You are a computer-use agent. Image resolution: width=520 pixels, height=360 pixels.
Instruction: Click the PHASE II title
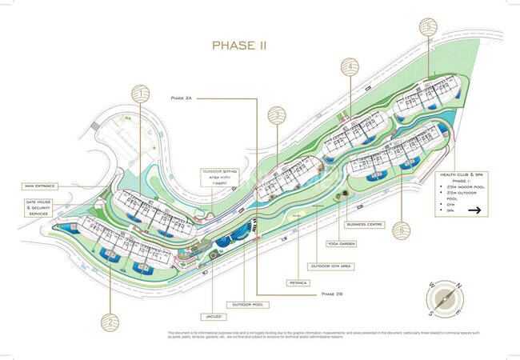239,46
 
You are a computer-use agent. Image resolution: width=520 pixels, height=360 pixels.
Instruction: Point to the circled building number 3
276,116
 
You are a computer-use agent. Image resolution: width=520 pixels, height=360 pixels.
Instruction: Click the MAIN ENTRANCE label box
40,186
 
